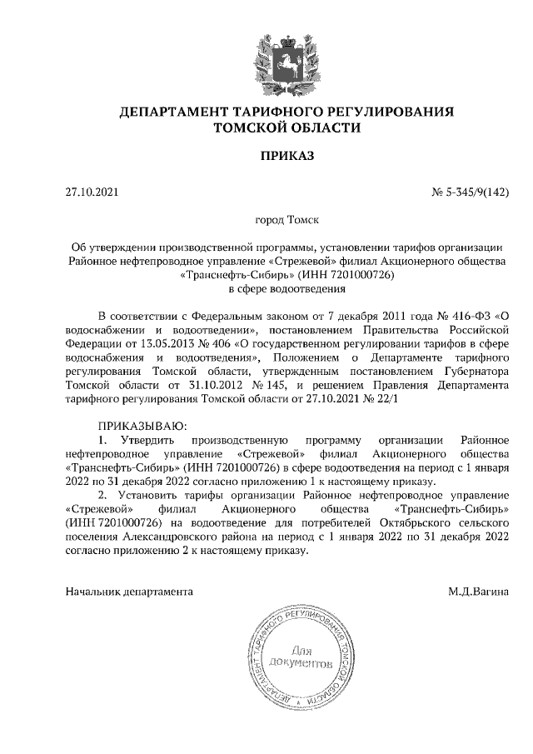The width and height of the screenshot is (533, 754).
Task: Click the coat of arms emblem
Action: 266,59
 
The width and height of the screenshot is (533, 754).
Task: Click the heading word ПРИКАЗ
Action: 266,156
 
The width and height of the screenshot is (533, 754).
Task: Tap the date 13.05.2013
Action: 180,346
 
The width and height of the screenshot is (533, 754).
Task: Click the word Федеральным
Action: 225,317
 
